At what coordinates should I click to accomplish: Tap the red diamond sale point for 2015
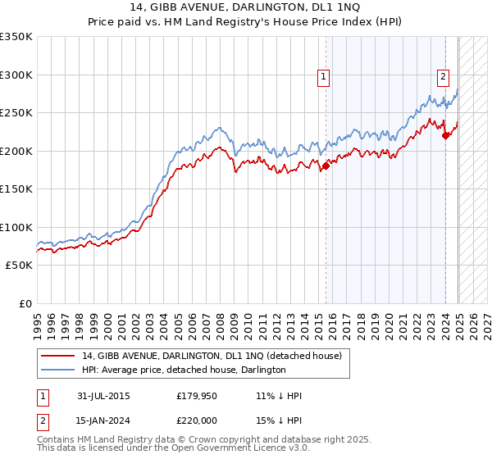click(326, 166)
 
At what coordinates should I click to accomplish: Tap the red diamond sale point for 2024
click(446, 136)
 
